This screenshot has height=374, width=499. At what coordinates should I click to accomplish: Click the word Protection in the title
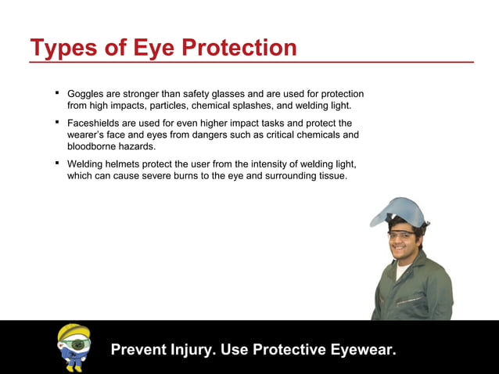pyautogui.click(x=239, y=48)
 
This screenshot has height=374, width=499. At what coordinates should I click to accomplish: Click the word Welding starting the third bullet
pyautogui.click(x=87, y=164)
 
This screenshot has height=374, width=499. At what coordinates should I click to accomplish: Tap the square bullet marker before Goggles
pyautogui.click(x=57, y=92)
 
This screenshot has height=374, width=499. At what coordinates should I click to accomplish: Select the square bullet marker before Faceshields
pyautogui.click(x=57, y=121)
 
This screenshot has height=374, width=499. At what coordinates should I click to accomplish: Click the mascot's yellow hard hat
pyautogui.click(x=73, y=331)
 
